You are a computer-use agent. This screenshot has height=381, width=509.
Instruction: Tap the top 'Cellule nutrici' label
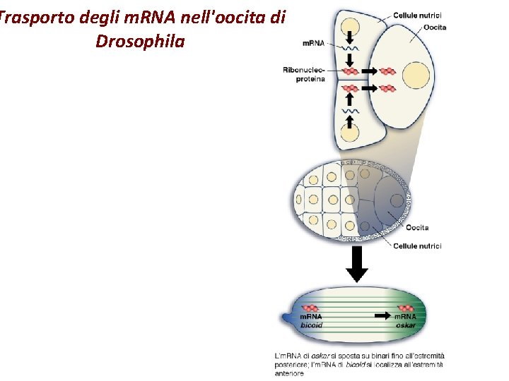pos(418,16)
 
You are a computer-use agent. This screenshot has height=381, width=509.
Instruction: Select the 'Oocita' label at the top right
pos(435,27)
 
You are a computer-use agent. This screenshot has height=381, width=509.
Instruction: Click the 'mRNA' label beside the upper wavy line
pos(313,44)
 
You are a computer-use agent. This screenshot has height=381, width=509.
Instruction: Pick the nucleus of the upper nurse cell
pos(350,28)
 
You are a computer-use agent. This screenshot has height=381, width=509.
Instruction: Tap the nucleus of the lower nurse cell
pos(350,133)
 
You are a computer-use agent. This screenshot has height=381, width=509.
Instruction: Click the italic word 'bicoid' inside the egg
pos(312,325)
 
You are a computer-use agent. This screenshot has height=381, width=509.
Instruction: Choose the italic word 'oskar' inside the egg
pos(406,325)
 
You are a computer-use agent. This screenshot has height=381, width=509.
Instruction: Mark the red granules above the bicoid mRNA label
pos(312,308)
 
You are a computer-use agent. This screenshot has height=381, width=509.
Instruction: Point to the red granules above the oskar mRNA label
pos(406,308)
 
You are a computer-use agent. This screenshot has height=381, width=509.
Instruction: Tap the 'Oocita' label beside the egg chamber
pos(417,227)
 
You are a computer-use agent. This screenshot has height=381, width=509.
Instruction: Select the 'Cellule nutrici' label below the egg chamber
pos(417,246)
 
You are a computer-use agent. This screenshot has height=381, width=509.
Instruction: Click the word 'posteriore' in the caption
pos(291,364)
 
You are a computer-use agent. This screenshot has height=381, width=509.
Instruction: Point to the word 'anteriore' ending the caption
pos(290,373)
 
